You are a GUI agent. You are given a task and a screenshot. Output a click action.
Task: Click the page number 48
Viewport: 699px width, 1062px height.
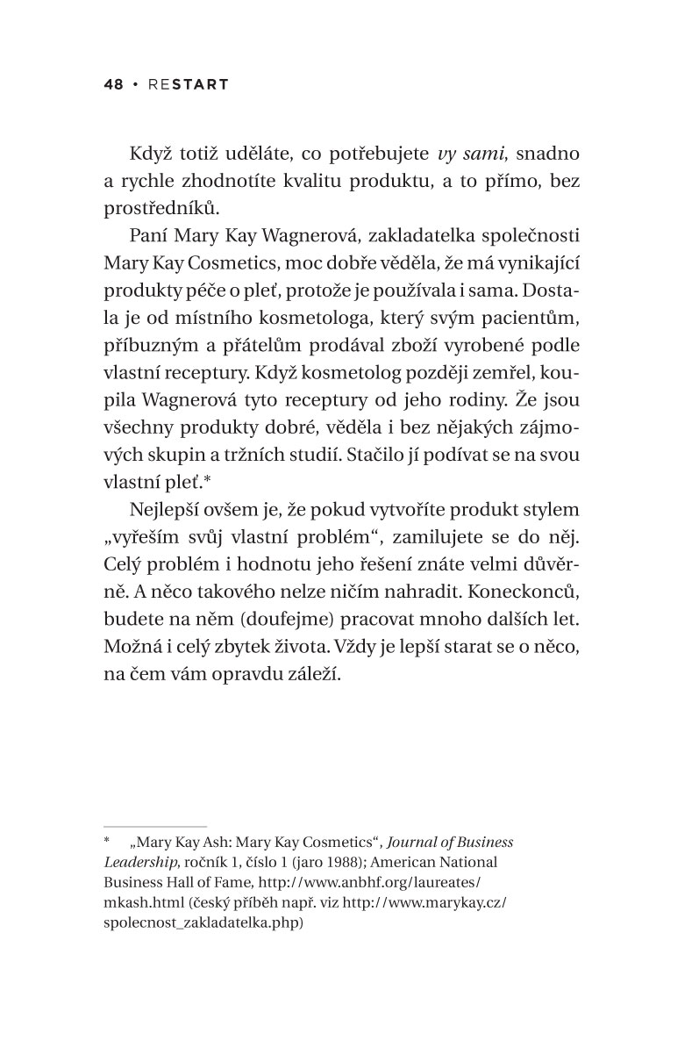point(112,84)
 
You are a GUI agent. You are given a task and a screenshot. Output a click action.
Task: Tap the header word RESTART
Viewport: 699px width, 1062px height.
point(189,84)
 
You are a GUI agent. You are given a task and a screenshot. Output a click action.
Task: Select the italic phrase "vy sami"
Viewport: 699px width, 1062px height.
point(474,153)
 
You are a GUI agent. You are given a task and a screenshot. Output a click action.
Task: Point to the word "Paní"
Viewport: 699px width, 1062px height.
point(148,237)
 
